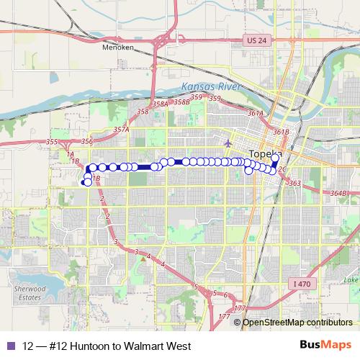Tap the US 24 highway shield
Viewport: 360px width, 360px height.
[255, 40]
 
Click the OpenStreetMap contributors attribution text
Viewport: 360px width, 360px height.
[295, 322]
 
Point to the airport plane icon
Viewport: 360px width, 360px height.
[228, 142]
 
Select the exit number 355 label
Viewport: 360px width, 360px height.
[51, 142]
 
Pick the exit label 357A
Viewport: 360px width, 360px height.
[121, 130]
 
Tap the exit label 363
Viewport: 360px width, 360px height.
[294, 184]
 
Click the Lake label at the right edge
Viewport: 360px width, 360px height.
[351, 279]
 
